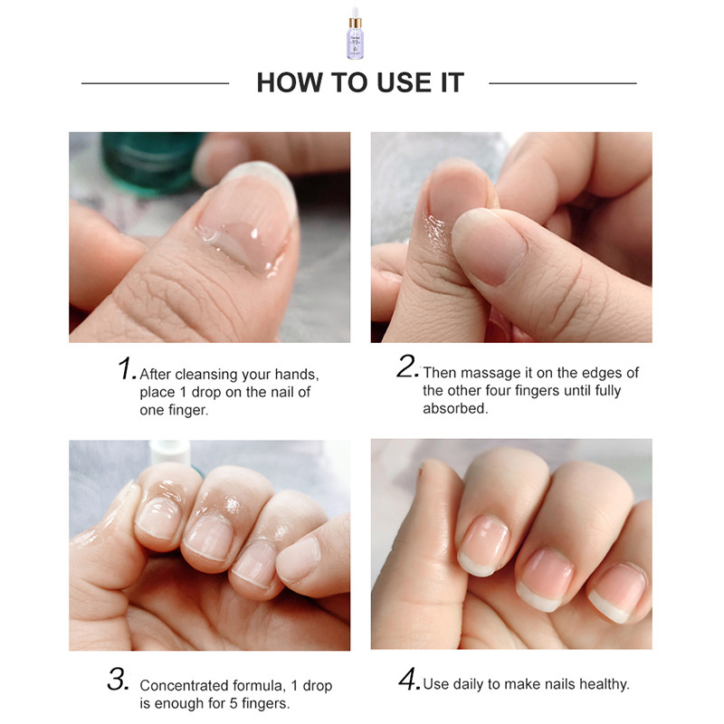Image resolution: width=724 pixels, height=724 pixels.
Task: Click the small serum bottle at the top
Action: tap(355, 33)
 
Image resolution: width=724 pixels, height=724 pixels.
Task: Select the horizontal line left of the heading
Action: tap(155, 83)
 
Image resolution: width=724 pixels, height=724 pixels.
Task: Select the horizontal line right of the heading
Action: tap(562, 83)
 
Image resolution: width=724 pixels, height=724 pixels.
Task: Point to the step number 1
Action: tap(127, 369)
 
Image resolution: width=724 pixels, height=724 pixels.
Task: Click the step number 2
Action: tap(407, 367)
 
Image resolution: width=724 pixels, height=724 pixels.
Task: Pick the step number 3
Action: tap(119, 680)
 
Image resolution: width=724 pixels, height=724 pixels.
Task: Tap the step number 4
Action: tap(409, 680)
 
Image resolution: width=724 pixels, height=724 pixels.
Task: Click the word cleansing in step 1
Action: tap(207, 375)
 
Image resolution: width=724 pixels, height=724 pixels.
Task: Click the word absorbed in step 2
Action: tap(455, 409)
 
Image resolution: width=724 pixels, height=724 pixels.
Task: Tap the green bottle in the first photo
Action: tap(150, 162)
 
